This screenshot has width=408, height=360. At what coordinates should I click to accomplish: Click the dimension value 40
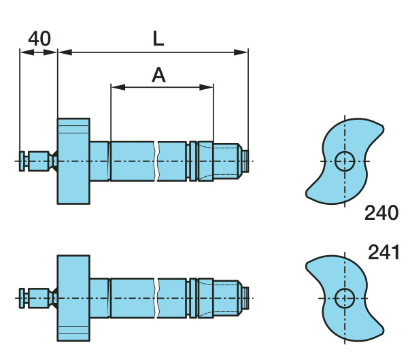click(x=39, y=39)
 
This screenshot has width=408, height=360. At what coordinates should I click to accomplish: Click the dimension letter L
click(x=158, y=39)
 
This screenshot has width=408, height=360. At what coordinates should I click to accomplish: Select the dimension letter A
click(x=158, y=75)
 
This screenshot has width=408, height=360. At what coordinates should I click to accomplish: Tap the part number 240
click(x=381, y=213)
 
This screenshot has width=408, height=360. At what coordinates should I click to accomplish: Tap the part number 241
click(x=384, y=252)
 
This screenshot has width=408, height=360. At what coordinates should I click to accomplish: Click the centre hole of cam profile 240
click(x=345, y=161)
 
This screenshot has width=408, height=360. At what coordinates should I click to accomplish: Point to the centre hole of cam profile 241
click(x=345, y=298)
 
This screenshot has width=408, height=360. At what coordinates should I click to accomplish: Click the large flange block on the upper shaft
click(x=73, y=161)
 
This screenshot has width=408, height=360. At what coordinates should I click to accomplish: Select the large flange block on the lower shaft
click(x=73, y=298)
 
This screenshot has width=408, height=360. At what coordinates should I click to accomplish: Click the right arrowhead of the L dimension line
click(x=241, y=52)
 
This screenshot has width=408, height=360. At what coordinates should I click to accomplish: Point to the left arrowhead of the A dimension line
click(x=118, y=87)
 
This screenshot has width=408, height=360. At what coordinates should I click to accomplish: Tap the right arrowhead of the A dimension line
click(x=206, y=87)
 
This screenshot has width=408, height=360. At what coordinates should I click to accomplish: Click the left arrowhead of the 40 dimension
click(x=27, y=52)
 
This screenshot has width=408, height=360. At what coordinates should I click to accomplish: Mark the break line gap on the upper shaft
click(x=156, y=161)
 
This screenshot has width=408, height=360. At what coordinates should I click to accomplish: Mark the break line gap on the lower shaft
click(x=156, y=298)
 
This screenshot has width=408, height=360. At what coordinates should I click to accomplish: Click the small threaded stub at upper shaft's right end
click(x=245, y=161)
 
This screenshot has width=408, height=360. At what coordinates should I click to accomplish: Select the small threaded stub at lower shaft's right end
click(x=245, y=298)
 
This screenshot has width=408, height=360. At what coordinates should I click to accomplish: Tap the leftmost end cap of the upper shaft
click(x=22, y=161)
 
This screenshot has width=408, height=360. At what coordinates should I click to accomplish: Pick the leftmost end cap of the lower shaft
click(x=22, y=298)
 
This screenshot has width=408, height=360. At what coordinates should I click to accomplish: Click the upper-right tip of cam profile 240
click(x=382, y=128)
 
